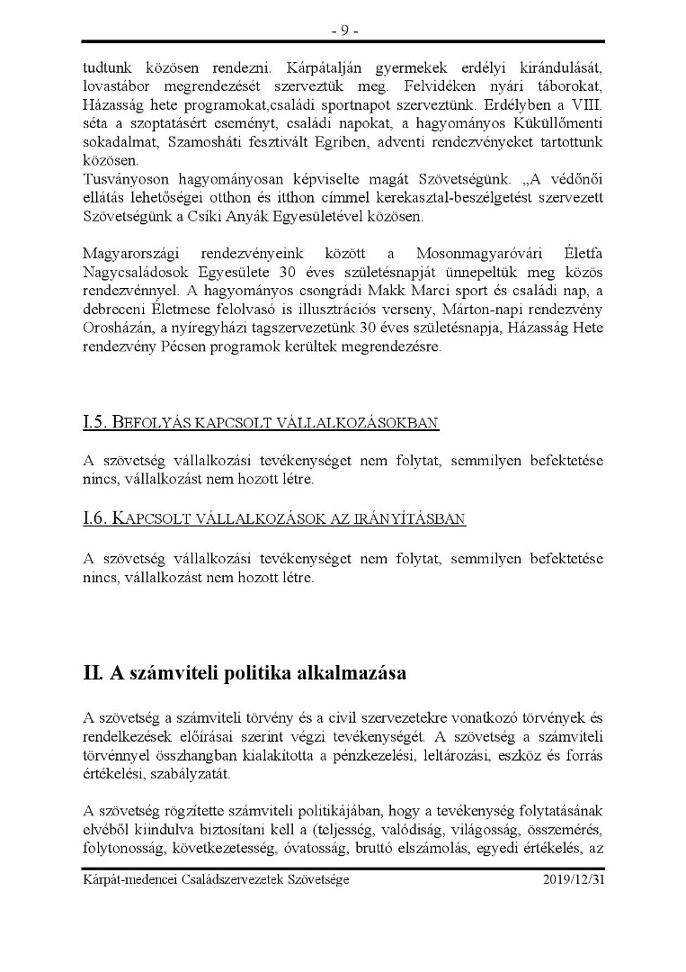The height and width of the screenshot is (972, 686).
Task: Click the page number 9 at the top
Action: (x=343, y=30)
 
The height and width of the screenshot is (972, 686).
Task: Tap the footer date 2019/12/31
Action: (x=574, y=879)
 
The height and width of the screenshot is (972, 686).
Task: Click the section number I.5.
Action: (x=94, y=422)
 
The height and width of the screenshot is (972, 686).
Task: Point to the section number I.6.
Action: (x=94, y=519)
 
